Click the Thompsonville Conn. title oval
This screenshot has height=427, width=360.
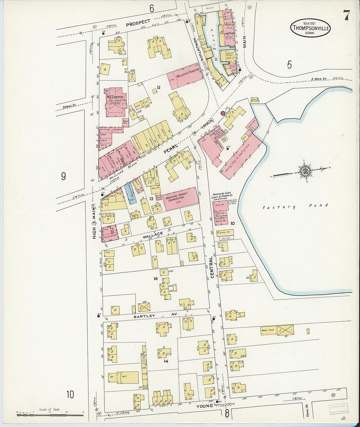tap(310, 27)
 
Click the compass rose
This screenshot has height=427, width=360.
tap(304, 170)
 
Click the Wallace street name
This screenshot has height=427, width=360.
tap(153, 235)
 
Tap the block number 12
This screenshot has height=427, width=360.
tap(158, 87)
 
